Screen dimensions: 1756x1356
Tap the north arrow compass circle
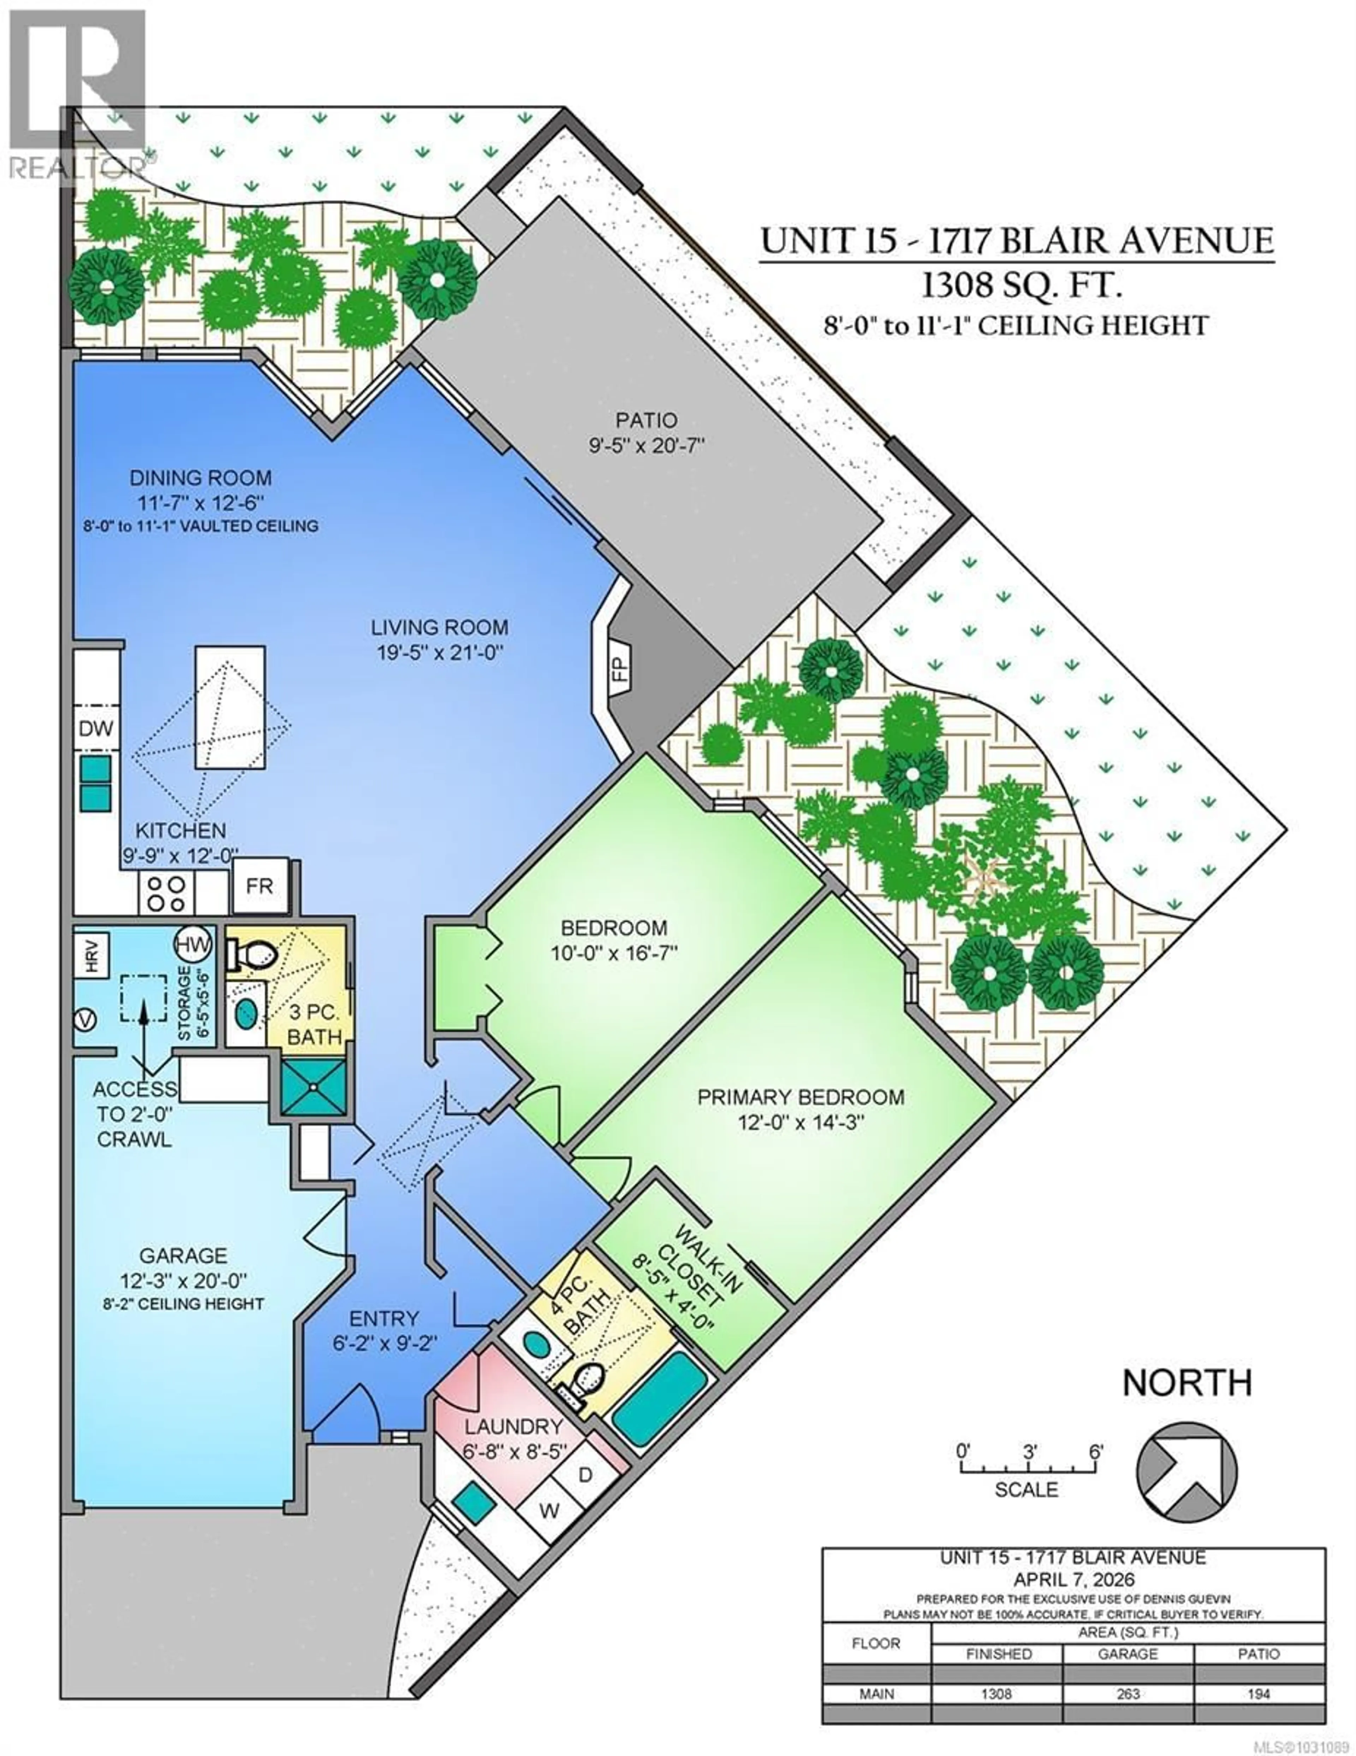click(1186, 1471)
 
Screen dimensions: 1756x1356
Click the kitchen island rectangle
click(230, 708)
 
